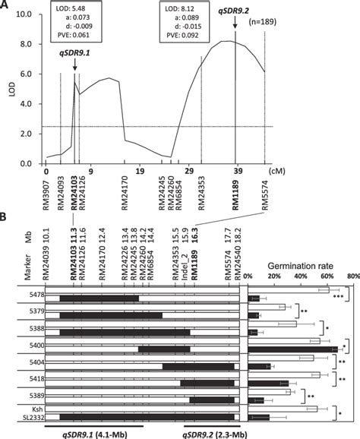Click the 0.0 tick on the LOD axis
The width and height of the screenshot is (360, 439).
30,163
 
